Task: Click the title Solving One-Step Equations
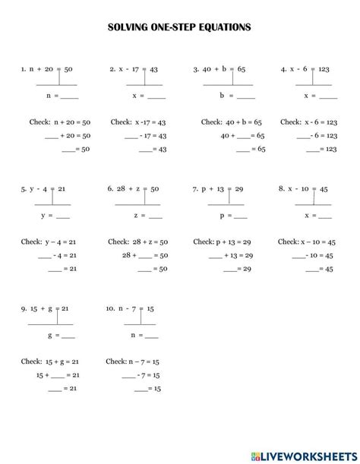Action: [x=179, y=27]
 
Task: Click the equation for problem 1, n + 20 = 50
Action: [x=50, y=68]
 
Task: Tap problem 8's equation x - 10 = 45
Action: [x=308, y=188]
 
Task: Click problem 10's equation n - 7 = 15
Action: [x=135, y=308]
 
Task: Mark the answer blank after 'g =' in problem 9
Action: [x=68, y=336]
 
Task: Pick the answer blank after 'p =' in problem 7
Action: [x=243, y=216]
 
